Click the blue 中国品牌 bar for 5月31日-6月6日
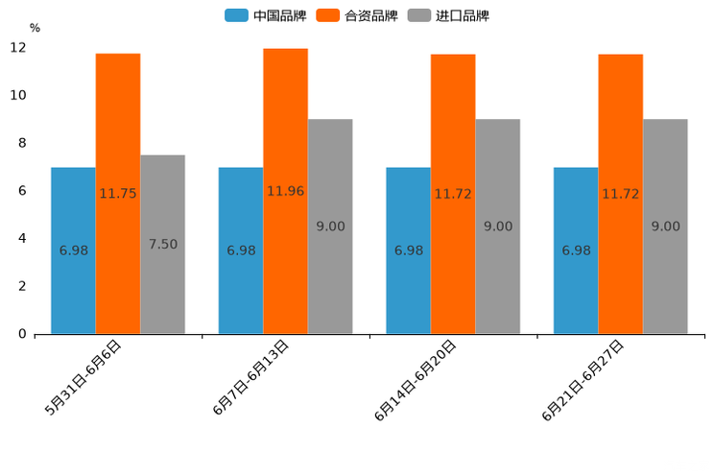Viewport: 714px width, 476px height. [73, 250]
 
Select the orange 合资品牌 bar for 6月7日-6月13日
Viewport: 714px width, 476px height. [285, 191]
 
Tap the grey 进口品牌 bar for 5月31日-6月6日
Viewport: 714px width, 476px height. [162, 244]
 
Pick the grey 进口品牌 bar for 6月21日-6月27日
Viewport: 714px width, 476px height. [665, 226]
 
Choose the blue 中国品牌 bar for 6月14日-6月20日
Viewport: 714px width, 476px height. [408, 250]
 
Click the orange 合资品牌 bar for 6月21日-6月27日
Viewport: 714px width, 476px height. [620, 194]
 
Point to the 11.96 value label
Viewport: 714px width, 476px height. [285, 191]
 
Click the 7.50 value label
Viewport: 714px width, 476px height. [163, 244]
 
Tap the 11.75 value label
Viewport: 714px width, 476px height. [118, 193]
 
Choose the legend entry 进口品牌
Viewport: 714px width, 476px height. [448, 15]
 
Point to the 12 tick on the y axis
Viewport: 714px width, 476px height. [19, 48]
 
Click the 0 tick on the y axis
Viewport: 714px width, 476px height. [22, 334]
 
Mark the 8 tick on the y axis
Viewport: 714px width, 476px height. [22, 143]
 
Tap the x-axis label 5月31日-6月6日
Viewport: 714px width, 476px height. [84, 377]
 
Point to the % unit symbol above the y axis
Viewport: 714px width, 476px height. [35, 28]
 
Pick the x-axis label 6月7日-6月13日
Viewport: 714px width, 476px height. [251, 377]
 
